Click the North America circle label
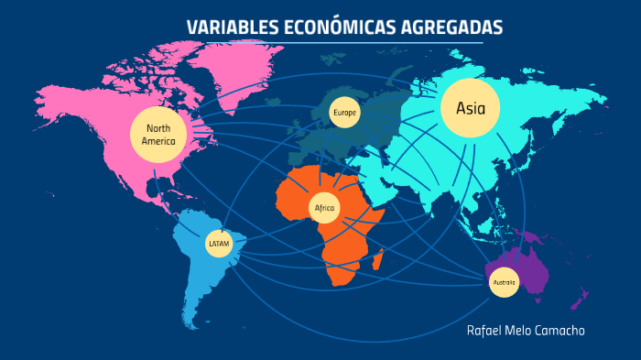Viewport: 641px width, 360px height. coord(158,136)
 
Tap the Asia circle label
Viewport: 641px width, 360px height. coord(471,108)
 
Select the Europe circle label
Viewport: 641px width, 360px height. coord(344,113)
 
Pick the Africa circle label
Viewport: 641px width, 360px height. coord(324,209)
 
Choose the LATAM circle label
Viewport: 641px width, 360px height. coord(218,244)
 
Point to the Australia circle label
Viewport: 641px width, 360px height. coord(504,282)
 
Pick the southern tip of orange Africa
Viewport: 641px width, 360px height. coord(340,278)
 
